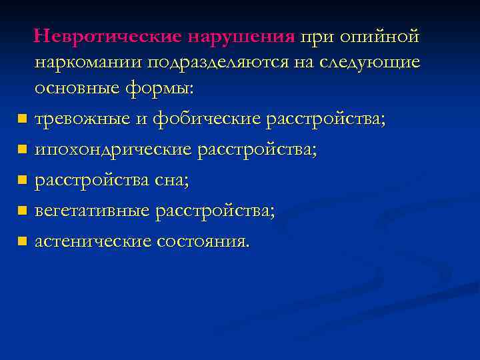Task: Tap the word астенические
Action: (x=93, y=241)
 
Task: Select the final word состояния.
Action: (x=204, y=241)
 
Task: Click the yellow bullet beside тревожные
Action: (x=23, y=120)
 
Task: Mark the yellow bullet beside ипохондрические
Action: (x=23, y=150)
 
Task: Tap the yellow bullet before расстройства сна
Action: (x=23, y=181)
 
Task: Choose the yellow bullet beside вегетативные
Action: (x=23, y=211)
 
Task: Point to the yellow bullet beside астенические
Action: (x=23, y=241)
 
